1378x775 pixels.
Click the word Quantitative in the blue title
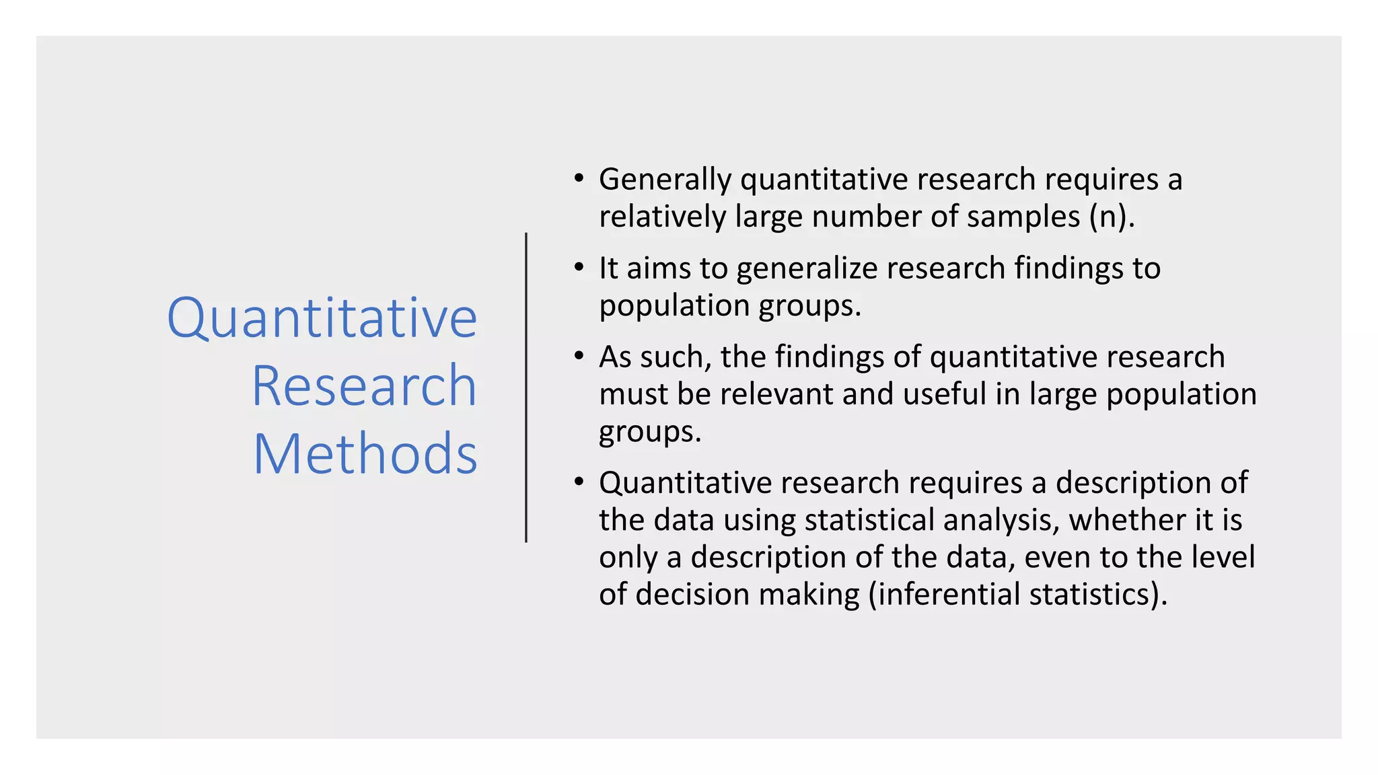tap(322, 318)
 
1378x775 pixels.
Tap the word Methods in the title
tap(365, 454)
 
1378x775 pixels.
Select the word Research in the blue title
tap(364, 386)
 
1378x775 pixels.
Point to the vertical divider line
tap(526, 387)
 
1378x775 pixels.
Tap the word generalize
tap(807, 269)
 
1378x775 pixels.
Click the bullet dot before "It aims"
tap(579, 268)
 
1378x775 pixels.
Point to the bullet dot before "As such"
tap(579, 357)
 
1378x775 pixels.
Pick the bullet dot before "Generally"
tap(579, 179)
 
